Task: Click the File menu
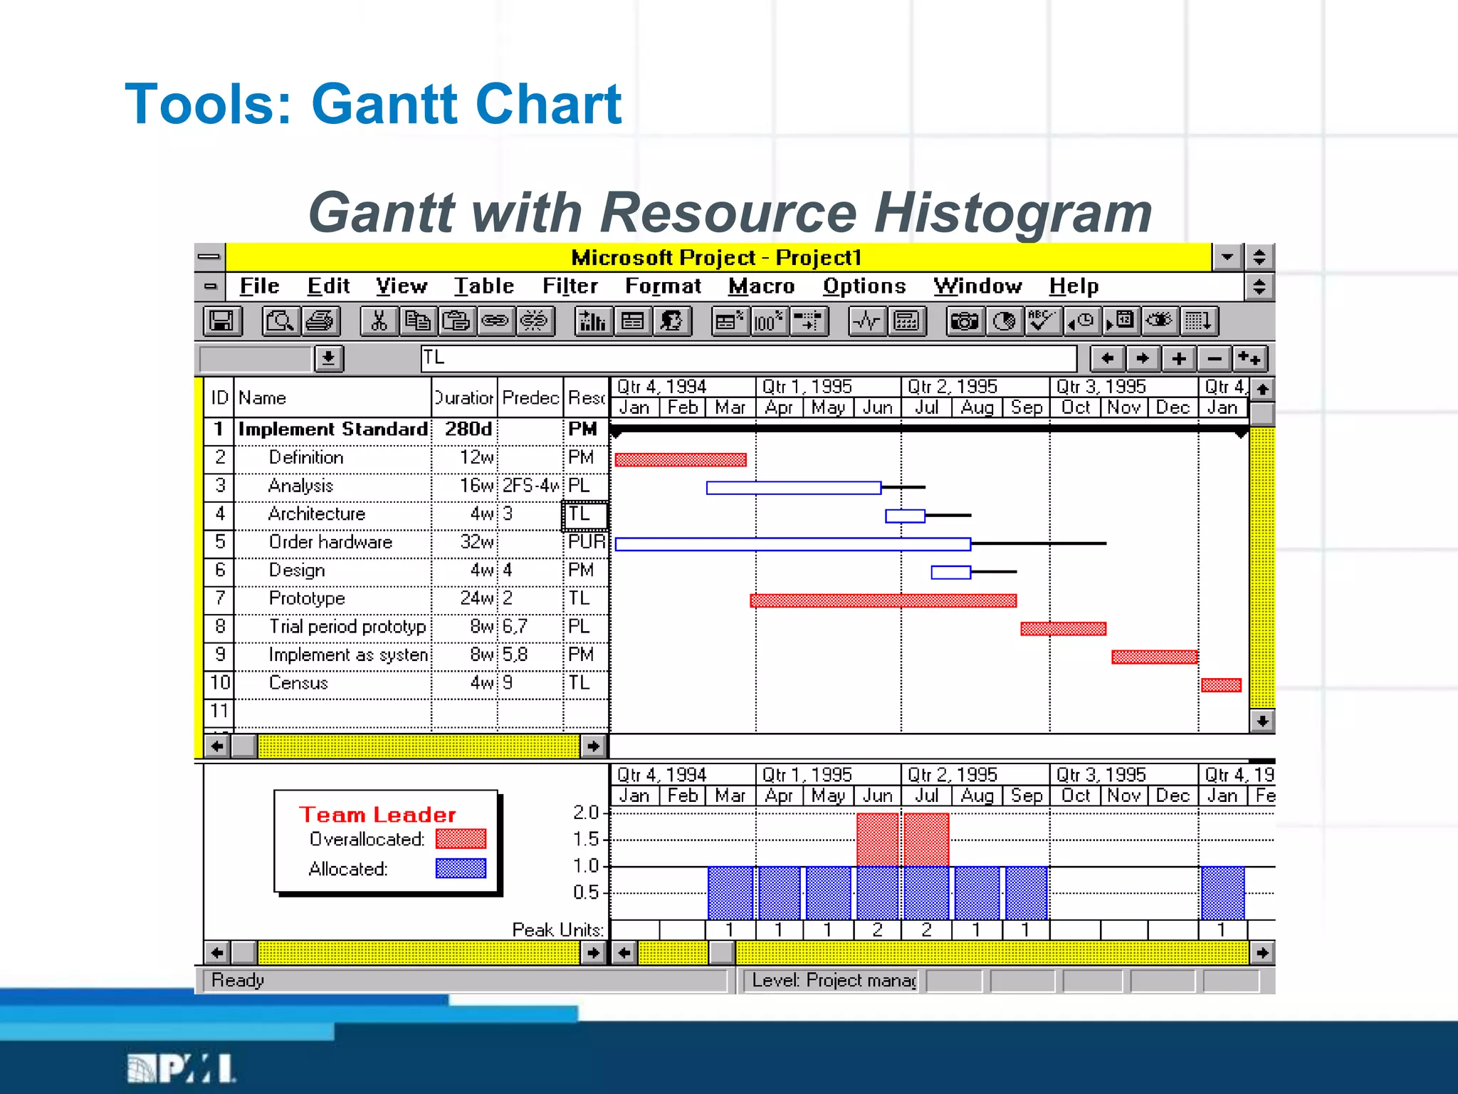pyautogui.click(x=259, y=286)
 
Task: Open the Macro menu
pyautogui.click(x=761, y=286)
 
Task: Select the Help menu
pyautogui.click(x=1074, y=286)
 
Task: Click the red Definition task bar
pyautogui.click(x=681, y=459)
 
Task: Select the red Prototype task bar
pyautogui.click(x=883, y=600)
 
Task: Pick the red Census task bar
pyautogui.click(x=1221, y=685)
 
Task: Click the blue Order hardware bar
pyautogui.click(x=792, y=544)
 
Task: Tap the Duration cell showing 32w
pyautogui.click(x=476, y=542)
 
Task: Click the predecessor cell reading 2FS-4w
pyautogui.click(x=530, y=486)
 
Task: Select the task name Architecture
pyautogui.click(x=317, y=514)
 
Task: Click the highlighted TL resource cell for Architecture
pyautogui.click(x=584, y=515)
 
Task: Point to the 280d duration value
pyautogui.click(x=468, y=429)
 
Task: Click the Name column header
pyautogui.click(x=262, y=398)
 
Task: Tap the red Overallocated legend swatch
pyautogui.click(x=461, y=839)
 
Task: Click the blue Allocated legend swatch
pyautogui.click(x=461, y=868)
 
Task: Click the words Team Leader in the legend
pyautogui.click(x=377, y=815)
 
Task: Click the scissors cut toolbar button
pyautogui.click(x=378, y=321)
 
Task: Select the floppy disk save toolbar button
pyautogui.click(x=221, y=321)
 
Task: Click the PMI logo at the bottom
pyautogui.click(x=182, y=1068)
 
